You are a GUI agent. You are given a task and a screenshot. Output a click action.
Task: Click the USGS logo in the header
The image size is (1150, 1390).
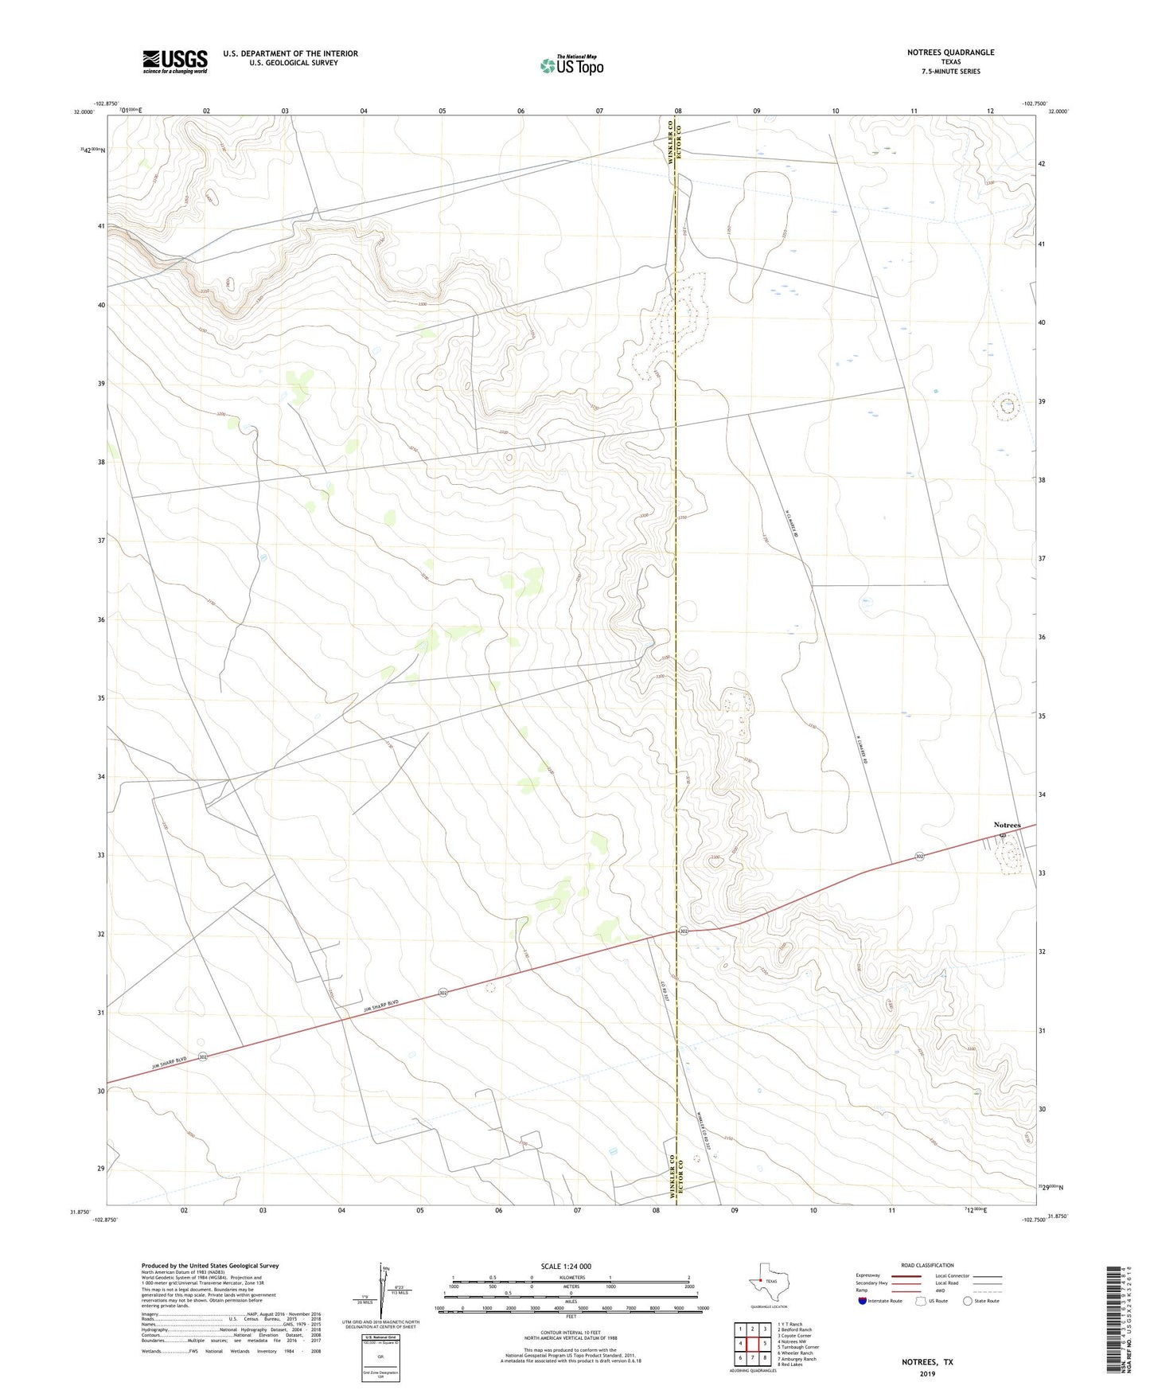(x=175, y=61)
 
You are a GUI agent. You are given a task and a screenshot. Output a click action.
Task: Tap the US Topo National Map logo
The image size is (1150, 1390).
(x=571, y=65)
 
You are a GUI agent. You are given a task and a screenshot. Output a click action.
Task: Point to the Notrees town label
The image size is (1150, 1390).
(x=1007, y=825)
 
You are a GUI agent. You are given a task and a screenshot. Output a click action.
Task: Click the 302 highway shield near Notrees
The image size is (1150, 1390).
(x=919, y=857)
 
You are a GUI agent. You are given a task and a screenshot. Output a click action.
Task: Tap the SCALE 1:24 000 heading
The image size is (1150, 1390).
(x=566, y=1267)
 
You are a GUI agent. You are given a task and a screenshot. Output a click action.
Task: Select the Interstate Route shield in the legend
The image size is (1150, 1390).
(x=863, y=1301)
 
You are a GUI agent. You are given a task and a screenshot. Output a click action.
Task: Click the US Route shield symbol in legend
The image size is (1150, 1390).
(x=922, y=1301)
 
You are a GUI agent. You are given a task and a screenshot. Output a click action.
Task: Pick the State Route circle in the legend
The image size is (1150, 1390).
(x=968, y=1301)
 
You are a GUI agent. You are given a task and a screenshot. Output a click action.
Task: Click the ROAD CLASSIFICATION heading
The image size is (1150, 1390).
(x=927, y=1265)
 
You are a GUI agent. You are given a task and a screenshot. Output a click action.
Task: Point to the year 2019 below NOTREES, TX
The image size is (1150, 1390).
(x=927, y=1373)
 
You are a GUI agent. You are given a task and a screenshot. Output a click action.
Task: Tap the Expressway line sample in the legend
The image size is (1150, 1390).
(x=906, y=1275)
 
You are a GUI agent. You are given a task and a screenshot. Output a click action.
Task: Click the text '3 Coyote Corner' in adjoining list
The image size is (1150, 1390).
(x=794, y=1336)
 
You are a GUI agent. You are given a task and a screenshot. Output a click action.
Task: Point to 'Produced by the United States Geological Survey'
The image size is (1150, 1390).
(x=209, y=1265)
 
